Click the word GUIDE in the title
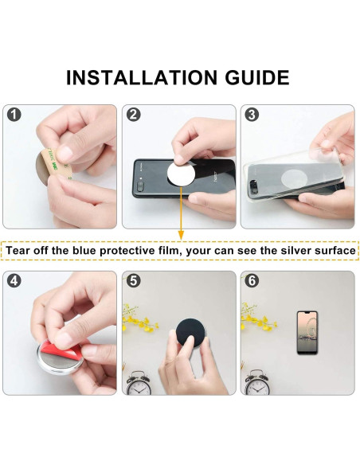[257, 78]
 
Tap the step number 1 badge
[14, 115]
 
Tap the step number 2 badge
[134, 115]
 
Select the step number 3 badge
[252, 115]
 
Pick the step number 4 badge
[14, 280]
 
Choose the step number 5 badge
[134, 280]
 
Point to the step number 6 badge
[252, 280]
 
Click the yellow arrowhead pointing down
[181, 236]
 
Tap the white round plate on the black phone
[181, 174]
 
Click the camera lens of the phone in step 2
[140, 186]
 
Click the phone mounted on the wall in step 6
[307, 333]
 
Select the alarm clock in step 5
[139, 383]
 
